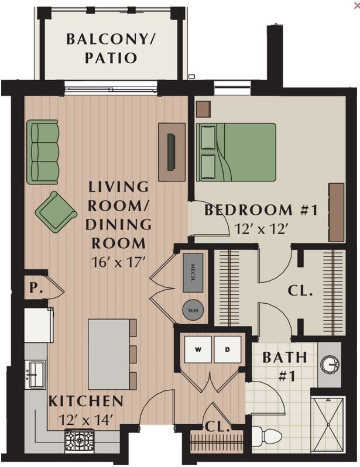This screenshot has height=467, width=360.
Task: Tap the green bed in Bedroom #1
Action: tap(236, 152)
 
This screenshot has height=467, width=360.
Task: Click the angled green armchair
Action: tap(56, 211)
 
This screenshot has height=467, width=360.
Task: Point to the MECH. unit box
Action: tap(193, 273)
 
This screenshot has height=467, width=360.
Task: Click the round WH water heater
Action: tap(193, 310)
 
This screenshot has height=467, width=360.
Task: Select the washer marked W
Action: tap(197, 350)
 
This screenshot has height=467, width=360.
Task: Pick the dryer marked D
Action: tap(228, 350)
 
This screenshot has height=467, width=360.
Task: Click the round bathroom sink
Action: tap(330, 365)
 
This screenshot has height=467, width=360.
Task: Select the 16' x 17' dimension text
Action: tap(118, 262)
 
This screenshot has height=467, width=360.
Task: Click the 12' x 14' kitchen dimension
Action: tap(85, 419)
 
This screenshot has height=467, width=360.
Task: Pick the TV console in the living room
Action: tap(172, 152)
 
